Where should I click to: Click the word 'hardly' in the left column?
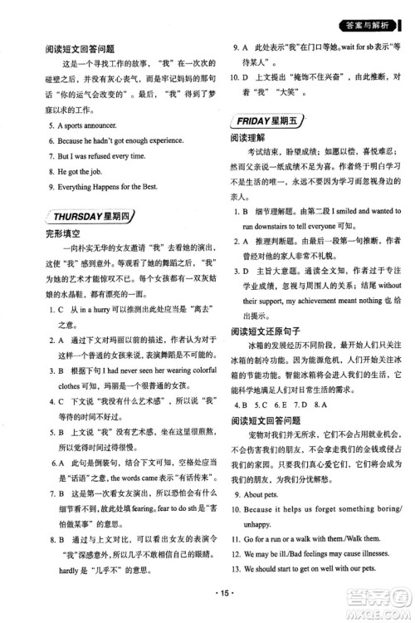pyautogui.click(x=66, y=573)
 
